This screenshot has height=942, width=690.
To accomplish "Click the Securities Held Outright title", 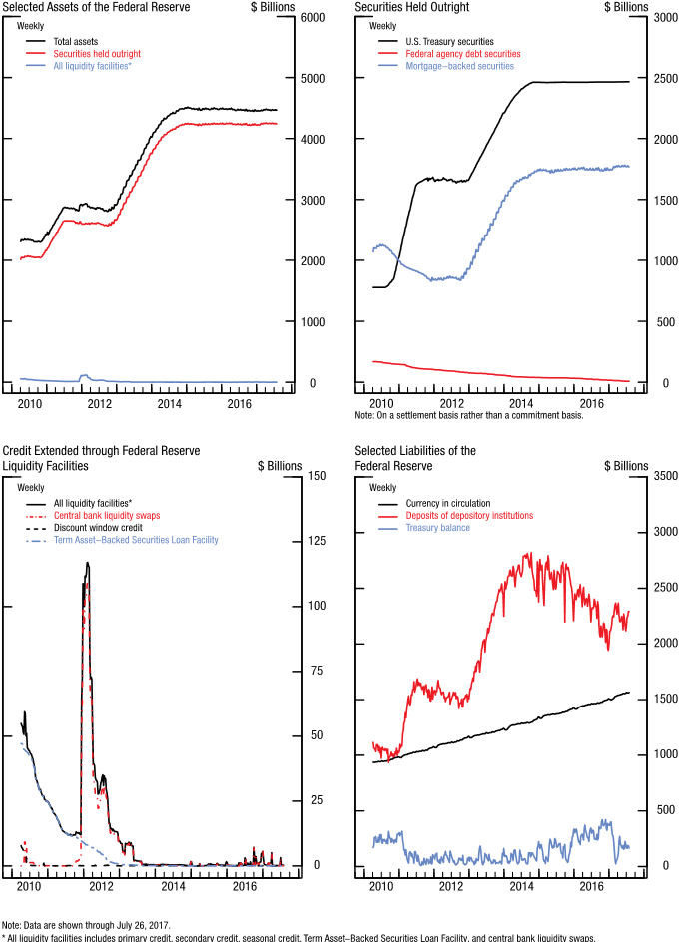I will (x=412, y=7).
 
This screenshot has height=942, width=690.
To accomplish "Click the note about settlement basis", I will (x=468, y=415).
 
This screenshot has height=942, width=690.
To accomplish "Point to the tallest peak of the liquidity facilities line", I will (x=87, y=563).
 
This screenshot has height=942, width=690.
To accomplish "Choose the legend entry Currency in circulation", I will (x=447, y=503).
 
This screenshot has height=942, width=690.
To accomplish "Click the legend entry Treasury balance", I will (x=437, y=528).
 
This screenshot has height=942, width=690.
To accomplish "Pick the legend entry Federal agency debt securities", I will (x=463, y=54).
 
